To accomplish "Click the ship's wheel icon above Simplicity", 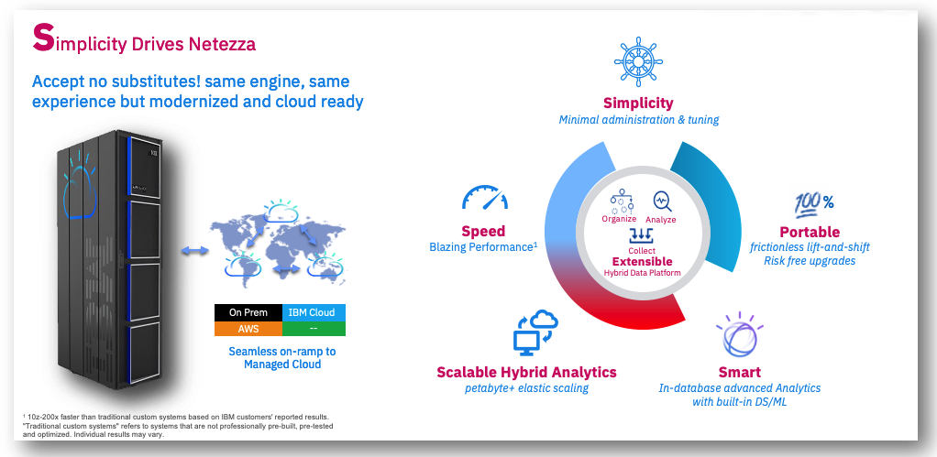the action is tap(639, 59).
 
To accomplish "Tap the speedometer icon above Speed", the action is tap(485, 197).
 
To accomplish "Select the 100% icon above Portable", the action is tap(814, 204).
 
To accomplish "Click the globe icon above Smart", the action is tap(740, 335).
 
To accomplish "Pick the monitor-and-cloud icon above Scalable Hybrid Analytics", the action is tap(536, 333).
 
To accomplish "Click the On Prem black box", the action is tap(248, 312).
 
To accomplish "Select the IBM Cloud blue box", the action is tap(314, 312).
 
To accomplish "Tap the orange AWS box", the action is tap(248, 328).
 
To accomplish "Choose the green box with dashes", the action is tap(314, 328).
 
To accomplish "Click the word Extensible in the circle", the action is tap(642, 261).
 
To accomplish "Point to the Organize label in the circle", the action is tap(619, 219).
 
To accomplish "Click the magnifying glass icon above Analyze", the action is tap(662, 201).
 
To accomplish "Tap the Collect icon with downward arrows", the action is tap(642, 235).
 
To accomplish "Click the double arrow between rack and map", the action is tap(194, 251).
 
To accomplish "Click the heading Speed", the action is tap(483, 231).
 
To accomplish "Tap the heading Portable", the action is tap(810, 232).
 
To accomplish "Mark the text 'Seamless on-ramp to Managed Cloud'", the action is tap(282, 357).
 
